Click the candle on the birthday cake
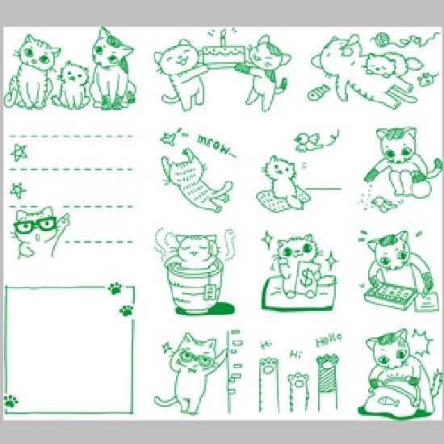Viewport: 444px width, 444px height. click(224, 37)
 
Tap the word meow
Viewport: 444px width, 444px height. click(216, 146)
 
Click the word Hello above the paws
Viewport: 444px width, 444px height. click(329, 340)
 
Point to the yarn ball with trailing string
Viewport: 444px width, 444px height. click(383, 39)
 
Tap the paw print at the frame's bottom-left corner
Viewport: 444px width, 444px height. click(10, 401)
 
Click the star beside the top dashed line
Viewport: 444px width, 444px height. click(19, 153)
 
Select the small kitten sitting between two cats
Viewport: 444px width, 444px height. click(73, 85)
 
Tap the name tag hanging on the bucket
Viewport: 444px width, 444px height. click(209, 291)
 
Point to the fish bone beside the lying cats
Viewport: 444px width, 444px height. click(319, 93)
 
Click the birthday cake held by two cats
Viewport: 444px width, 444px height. click(224, 55)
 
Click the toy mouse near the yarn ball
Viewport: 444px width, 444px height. click(427, 80)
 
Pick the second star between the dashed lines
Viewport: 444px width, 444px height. click(18, 191)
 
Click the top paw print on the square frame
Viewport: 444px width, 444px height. click(115, 288)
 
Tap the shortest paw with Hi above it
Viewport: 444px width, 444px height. click(298, 392)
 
